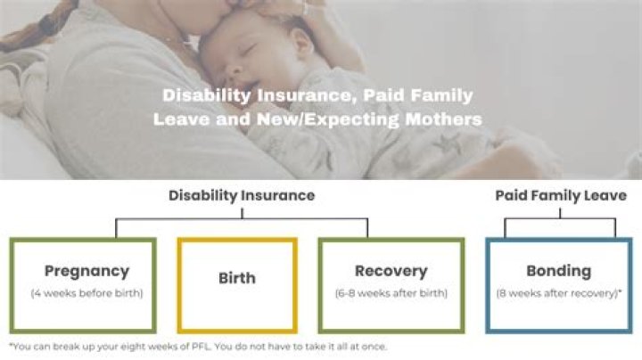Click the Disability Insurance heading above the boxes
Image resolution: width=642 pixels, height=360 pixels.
pos(242,195)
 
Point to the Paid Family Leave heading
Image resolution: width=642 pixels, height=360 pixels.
pos(561,195)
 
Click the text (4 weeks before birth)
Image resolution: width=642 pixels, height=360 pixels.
pos(86,293)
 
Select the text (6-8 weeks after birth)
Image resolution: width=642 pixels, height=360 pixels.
pos(391,293)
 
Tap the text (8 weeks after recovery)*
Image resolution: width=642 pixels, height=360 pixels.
pos(558,293)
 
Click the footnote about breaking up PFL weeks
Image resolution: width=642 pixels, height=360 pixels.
pos(198,347)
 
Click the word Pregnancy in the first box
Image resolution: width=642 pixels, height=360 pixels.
pos(86,271)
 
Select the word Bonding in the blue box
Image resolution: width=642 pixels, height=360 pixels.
pos(558,271)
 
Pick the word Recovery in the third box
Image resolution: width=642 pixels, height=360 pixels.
pos(391,271)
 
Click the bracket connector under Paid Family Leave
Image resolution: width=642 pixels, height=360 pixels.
pos(560,219)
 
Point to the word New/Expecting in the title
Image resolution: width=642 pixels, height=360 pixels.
pos(342,118)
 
